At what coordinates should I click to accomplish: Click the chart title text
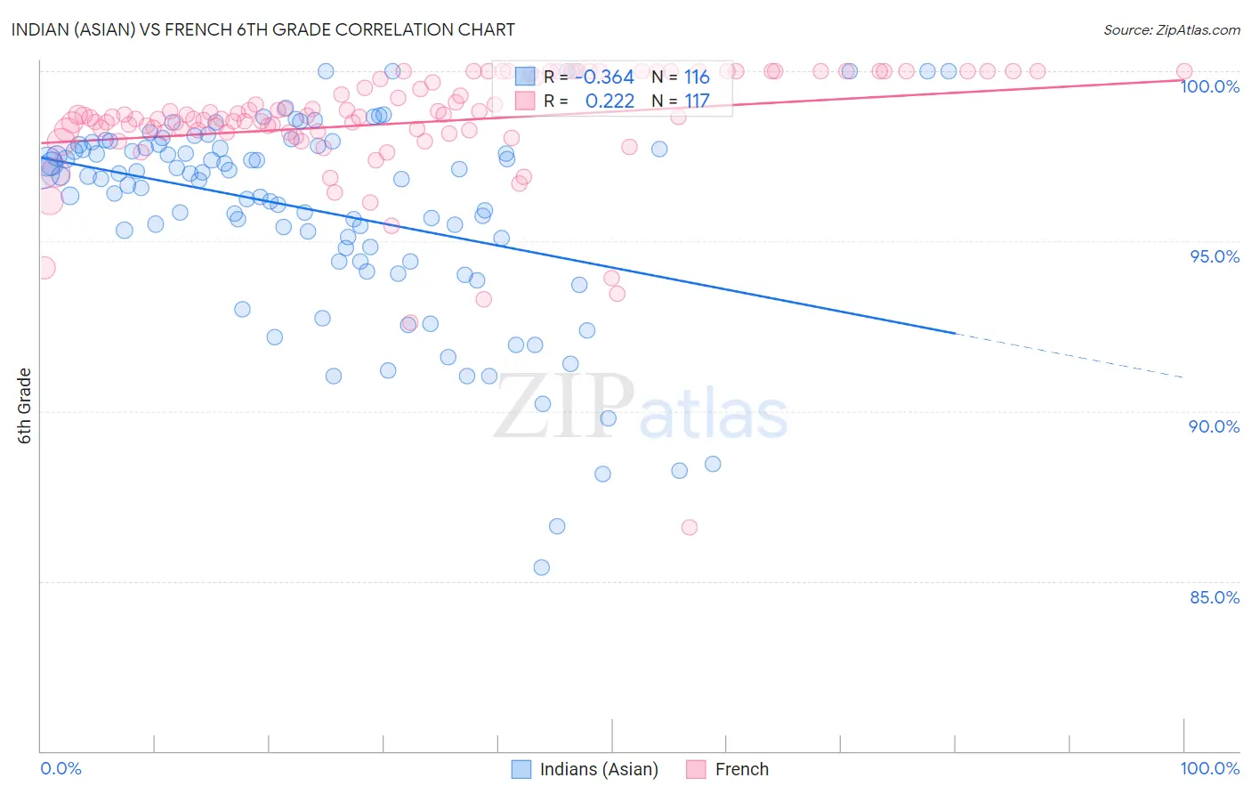(262, 29)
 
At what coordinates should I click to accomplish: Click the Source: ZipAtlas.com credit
(1171, 29)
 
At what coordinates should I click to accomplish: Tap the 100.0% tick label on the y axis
(1209, 86)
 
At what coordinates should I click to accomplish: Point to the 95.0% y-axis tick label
(1215, 256)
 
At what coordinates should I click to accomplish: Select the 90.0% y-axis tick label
(1215, 426)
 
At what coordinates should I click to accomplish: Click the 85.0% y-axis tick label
(1215, 597)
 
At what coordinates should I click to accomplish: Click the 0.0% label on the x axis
(61, 768)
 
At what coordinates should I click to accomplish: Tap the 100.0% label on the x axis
(1209, 768)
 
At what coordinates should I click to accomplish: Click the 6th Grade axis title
(25, 405)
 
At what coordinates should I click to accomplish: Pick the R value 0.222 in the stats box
(609, 101)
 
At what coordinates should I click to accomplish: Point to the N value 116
(697, 77)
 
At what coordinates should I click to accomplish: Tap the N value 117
(697, 101)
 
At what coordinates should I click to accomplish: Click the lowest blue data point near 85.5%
(541, 567)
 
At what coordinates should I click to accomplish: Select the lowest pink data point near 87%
(689, 527)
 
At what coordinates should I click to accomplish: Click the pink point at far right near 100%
(1183, 71)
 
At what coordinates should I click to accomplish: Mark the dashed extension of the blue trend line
(1068, 355)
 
